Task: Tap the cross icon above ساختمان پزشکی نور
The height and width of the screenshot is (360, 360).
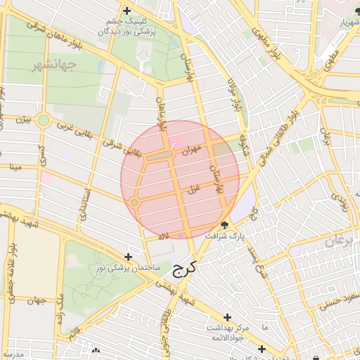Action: [x=127, y=257]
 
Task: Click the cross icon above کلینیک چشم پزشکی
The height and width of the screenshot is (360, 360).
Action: [x=127, y=11]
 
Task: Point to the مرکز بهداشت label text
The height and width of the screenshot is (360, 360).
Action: [x=224, y=328]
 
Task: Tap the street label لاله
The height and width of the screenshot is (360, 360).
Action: [x=164, y=236]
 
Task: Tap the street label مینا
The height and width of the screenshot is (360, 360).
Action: [x=14, y=167]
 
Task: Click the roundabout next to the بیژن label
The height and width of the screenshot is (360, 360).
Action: [x=43, y=120]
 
